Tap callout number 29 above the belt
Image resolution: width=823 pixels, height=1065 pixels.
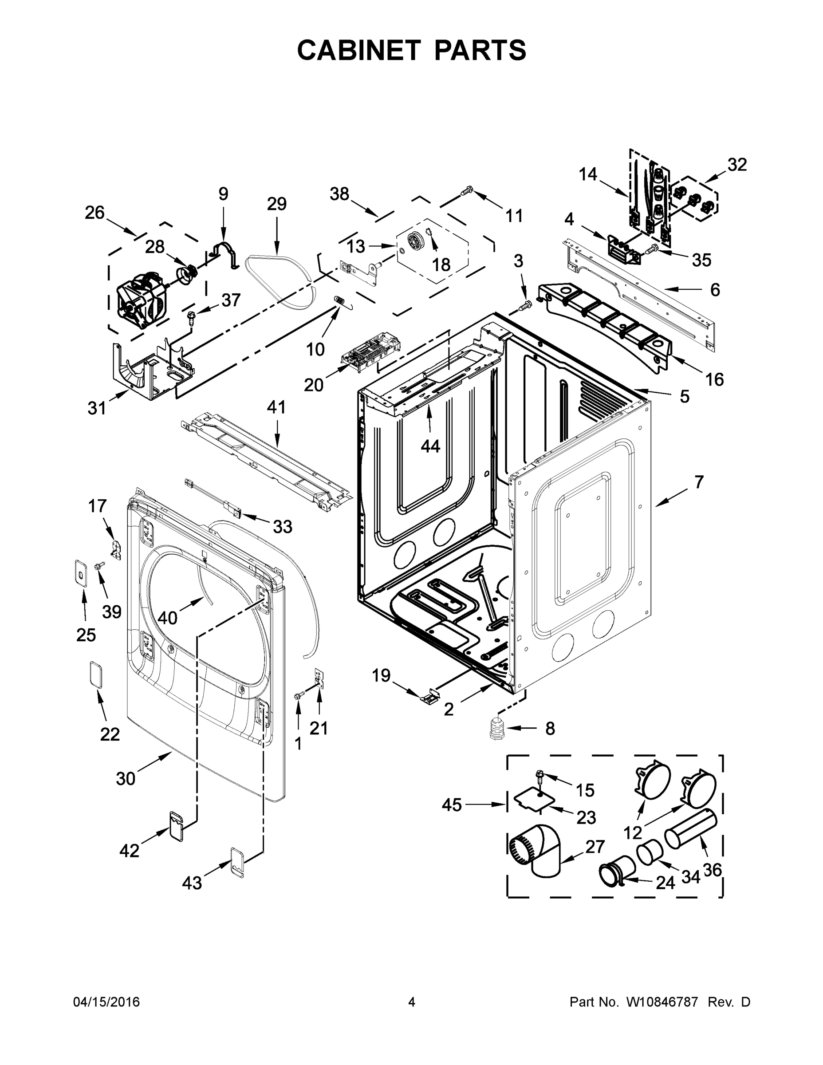[x=276, y=204]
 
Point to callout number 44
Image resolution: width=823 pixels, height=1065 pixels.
[x=430, y=445]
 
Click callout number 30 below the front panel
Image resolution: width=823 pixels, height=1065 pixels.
[x=125, y=778]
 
